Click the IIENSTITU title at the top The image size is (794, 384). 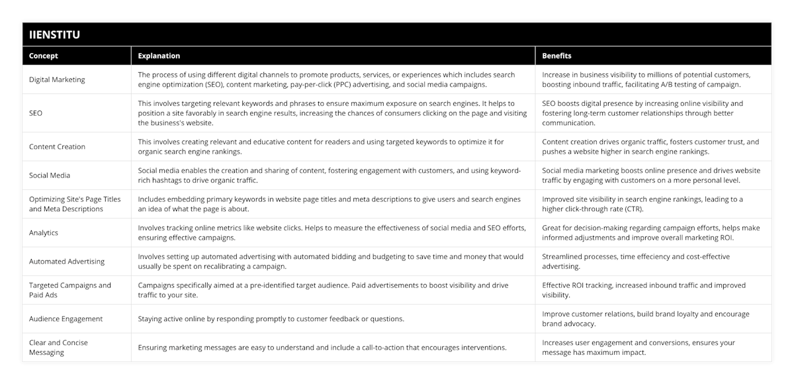(55, 34)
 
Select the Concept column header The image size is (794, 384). (44, 56)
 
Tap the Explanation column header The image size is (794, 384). (159, 56)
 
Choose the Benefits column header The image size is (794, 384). (557, 56)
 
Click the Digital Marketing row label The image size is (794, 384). (57, 79)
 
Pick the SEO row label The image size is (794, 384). (36, 113)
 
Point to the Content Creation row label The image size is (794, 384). (57, 147)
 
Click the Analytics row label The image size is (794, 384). (44, 233)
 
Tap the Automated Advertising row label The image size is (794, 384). (66, 262)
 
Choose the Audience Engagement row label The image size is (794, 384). (66, 318)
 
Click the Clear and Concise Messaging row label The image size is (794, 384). (58, 348)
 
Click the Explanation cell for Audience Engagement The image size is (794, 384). (271, 318)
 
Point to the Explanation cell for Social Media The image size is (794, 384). (330, 175)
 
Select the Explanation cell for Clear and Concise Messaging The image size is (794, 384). (322, 348)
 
